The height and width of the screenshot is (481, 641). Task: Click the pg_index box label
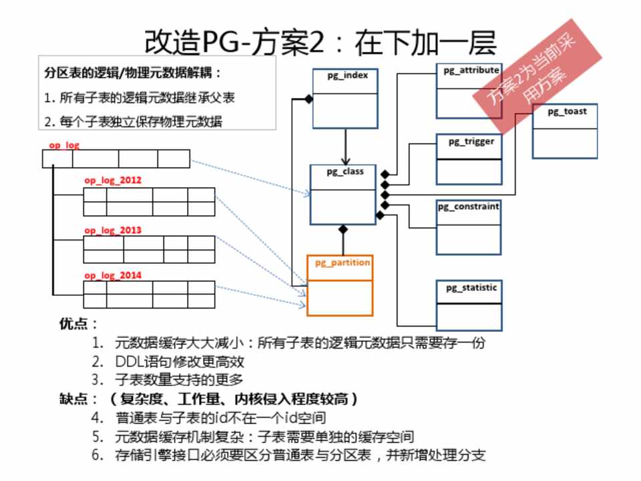pos(347,75)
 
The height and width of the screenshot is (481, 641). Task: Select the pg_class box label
pos(345,172)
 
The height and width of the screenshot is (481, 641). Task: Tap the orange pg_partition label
pos(343,263)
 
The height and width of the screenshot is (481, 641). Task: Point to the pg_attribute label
pos(471,69)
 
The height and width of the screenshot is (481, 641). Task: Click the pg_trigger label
pos(471,141)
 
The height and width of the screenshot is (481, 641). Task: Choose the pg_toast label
pos(567,112)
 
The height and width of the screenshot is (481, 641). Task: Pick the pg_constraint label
pos(468,206)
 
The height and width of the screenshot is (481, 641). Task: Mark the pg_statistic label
pos(471,287)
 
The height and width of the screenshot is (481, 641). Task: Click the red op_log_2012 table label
pos(113,180)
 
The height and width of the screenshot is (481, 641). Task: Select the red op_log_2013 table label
pos(113,230)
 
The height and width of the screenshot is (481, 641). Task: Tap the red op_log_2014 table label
pos(113,275)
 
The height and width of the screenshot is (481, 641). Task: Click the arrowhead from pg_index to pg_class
pos(345,161)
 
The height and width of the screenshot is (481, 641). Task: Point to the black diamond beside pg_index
pos(308,100)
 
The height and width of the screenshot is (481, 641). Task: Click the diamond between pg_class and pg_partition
pos(343,230)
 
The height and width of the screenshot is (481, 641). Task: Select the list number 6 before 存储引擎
pos(97,456)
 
